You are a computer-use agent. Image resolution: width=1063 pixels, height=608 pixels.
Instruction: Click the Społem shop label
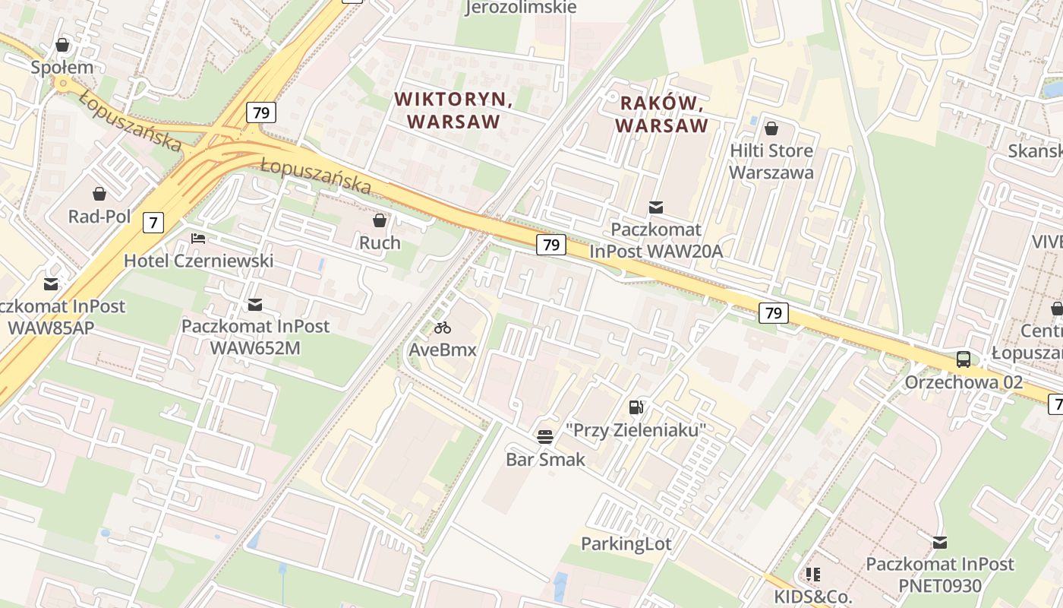coord(62,68)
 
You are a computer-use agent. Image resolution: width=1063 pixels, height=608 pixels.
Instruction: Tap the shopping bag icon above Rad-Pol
coord(99,195)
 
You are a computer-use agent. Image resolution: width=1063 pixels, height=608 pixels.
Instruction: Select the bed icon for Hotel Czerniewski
coord(198,239)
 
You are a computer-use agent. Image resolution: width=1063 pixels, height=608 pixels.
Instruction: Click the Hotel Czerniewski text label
coord(198,261)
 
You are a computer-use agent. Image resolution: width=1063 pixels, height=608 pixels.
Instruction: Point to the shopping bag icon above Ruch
coord(380,220)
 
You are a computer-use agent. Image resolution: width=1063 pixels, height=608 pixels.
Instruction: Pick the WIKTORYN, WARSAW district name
coord(453,110)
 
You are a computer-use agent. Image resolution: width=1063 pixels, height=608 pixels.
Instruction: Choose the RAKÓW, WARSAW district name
coord(661,114)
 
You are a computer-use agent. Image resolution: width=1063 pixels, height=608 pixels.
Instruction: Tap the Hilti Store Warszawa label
coord(771,161)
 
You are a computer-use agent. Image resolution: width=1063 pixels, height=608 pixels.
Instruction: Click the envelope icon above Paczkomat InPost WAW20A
coord(656,207)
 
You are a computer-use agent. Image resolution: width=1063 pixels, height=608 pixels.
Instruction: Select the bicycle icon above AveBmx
coord(443,328)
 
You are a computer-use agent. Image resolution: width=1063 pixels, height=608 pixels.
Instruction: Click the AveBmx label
coord(443,350)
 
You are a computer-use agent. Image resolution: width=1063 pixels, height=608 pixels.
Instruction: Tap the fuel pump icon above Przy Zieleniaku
coord(636,407)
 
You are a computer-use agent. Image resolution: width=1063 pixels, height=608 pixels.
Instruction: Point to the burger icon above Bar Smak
coord(545,437)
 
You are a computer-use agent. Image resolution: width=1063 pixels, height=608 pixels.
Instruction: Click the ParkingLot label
coord(626,543)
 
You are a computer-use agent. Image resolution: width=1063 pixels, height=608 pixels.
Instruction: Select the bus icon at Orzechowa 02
coord(964,359)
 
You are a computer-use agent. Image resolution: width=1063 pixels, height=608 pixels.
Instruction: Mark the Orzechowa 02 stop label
coord(964,382)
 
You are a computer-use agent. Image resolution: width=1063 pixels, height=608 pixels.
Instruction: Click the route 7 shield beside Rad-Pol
coord(153,223)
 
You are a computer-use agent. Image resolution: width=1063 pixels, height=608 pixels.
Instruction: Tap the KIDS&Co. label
coord(813,596)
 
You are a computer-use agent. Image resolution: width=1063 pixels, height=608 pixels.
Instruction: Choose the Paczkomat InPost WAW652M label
coord(255,337)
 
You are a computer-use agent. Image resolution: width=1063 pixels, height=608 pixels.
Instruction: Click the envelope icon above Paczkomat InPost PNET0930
coord(940,542)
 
